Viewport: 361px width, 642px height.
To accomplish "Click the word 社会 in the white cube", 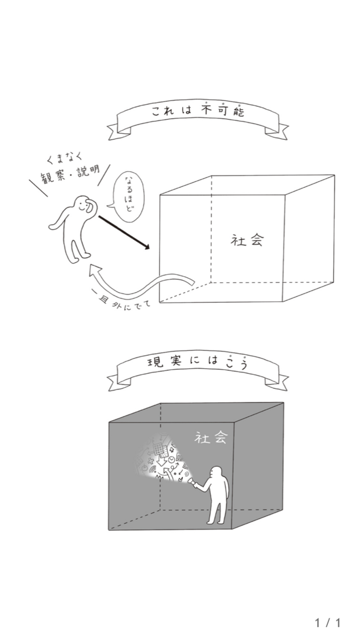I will click(248, 240).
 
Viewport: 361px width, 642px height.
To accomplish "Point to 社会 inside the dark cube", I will click(211, 438).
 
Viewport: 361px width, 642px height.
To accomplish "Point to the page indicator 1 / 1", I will click(327, 622).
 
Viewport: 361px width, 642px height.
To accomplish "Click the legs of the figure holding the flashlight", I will click(217, 511).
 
